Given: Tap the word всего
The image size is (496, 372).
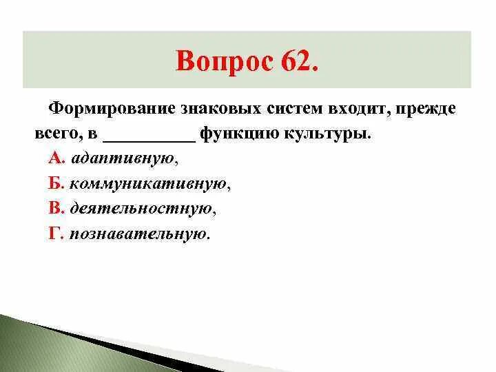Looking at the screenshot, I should [x=55, y=134].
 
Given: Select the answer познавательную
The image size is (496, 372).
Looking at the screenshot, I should [x=138, y=234].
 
